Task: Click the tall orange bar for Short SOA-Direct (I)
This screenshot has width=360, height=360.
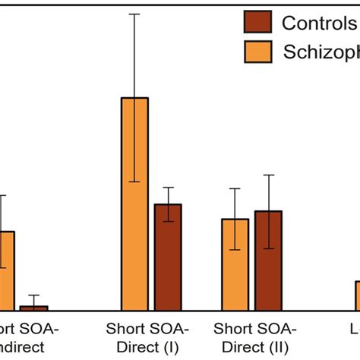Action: (x=134, y=204)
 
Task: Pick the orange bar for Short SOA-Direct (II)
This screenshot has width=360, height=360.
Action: (x=235, y=264)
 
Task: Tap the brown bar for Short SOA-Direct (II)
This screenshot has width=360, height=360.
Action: (x=268, y=260)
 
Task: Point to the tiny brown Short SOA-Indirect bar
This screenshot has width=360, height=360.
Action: (x=33, y=308)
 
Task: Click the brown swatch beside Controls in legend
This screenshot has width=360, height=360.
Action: (x=257, y=22)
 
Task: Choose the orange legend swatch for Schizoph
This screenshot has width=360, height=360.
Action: (x=257, y=52)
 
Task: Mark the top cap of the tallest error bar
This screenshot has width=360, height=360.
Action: (x=134, y=14)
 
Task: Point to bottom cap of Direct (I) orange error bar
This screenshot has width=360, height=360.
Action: (x=134, y=182)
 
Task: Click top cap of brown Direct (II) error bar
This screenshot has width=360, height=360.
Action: (x=268, y=175)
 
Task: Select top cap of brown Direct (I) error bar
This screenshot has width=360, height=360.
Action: (x=168, y=188)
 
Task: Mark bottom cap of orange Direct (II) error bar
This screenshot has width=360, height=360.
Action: (x=235, y=250)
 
